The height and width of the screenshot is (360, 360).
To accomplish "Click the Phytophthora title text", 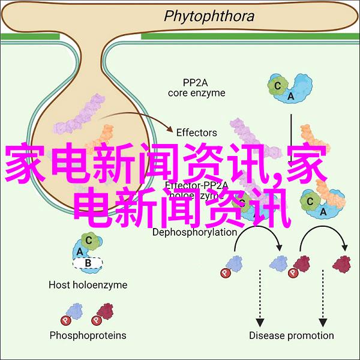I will click(200, 16).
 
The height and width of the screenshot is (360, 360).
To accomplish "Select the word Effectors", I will click(197, 133).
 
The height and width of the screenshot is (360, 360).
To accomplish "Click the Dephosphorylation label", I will click(194, 215).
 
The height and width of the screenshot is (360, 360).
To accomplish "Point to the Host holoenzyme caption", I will click(88, 285).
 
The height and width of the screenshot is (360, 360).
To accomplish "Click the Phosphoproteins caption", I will click(88, 335).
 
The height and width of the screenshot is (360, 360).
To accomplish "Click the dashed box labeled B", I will click(88, 262).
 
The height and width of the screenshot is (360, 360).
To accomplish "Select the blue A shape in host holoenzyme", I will click(80, 251).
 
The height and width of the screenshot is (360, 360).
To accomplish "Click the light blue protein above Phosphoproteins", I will click(76, 311).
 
